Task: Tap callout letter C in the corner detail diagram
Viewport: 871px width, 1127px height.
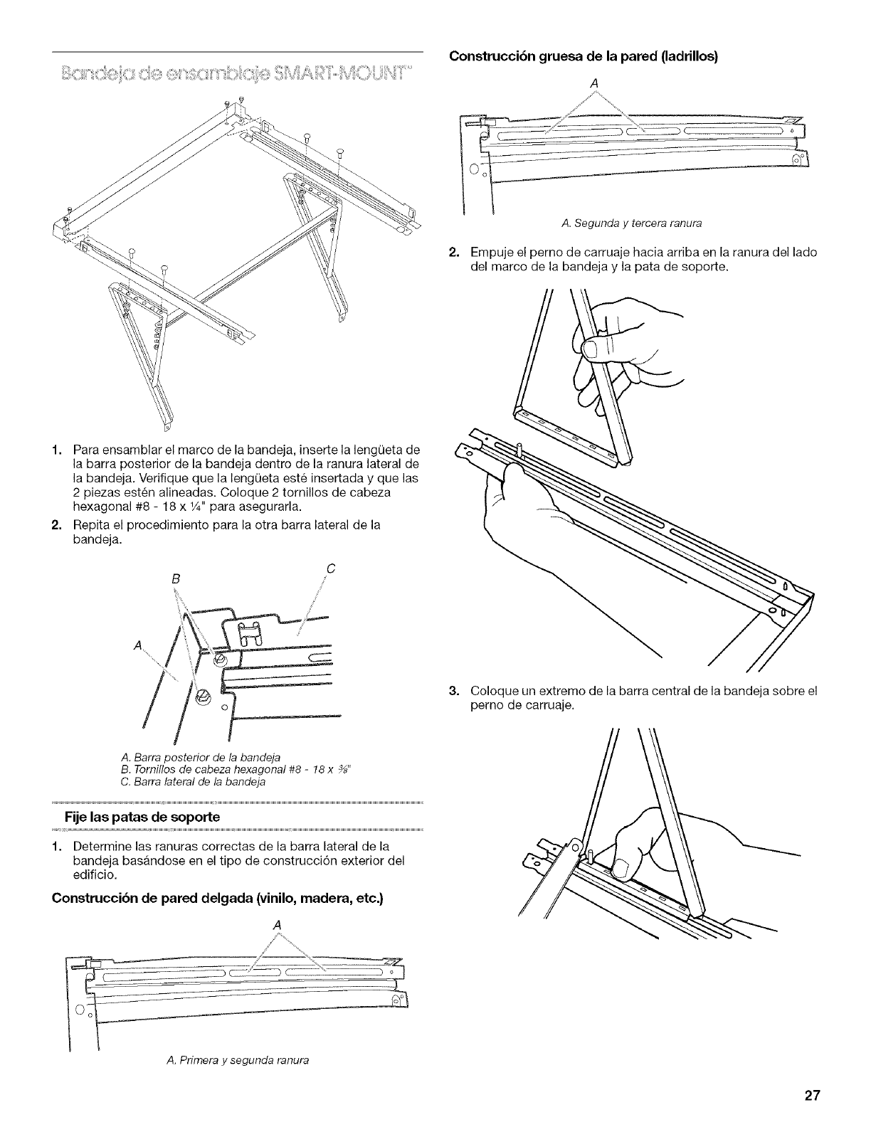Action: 330,568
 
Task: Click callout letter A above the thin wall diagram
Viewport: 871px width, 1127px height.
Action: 277,924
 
